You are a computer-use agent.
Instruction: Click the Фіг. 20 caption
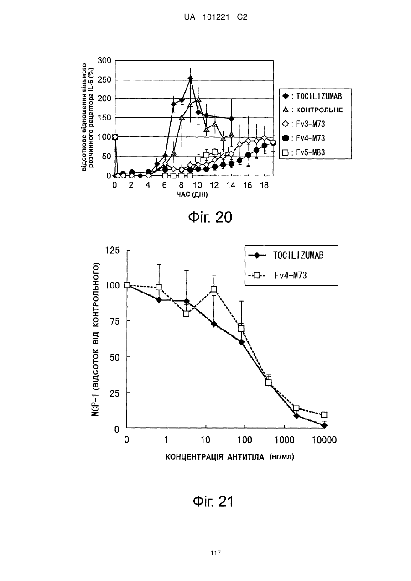pos(210,217)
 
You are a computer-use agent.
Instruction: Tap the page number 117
pos(216,553)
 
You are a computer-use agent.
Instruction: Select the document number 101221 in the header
pos(216,17)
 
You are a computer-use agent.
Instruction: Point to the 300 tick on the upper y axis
pos(104,60)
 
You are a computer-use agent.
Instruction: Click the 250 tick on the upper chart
pos(104,79)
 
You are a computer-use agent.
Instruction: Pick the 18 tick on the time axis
pos(264,185)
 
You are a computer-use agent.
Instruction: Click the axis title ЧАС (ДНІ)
pos(192,194)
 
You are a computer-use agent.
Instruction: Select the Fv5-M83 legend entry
pos(304,152)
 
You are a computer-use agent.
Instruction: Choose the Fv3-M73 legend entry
pos(304,124)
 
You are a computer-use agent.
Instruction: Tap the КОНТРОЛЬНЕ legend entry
pos(312,110)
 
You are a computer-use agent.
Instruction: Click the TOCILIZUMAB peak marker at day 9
pos(190,78)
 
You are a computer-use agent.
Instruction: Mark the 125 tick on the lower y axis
pos(112,251)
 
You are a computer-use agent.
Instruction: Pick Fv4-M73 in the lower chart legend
pos(277,275)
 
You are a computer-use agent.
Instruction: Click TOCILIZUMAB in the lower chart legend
pos(286,256)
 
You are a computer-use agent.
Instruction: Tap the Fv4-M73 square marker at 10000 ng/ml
pos(324,414)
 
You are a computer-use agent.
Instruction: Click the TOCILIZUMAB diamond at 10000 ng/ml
pos(324,425)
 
